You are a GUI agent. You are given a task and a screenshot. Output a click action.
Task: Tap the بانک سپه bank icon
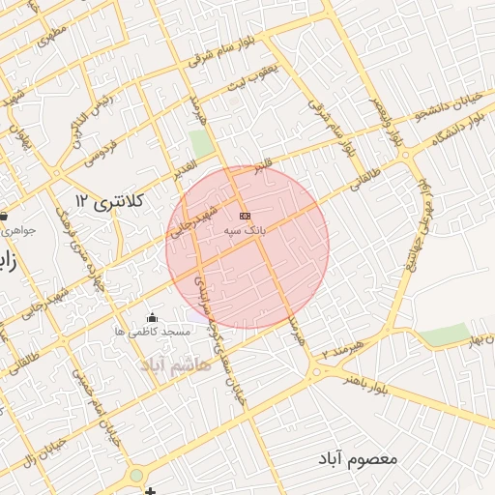pos(244,216)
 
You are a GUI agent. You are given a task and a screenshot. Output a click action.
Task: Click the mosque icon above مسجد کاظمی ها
pos(151,317)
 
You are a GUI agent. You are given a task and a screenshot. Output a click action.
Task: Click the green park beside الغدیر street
pos(202,144)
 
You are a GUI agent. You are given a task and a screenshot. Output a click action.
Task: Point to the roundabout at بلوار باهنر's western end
pos(315,372)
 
